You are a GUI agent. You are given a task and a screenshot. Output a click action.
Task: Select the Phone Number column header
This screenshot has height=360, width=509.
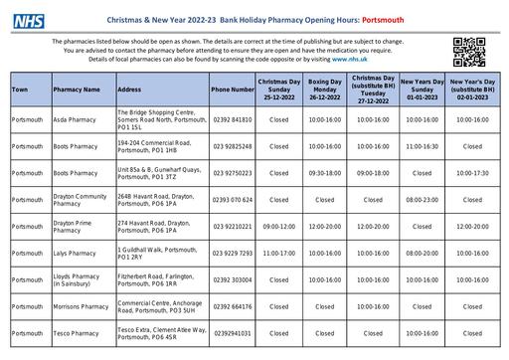[x=234, y=90]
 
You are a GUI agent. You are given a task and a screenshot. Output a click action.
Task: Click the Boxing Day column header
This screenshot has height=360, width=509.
[x=325, y=90]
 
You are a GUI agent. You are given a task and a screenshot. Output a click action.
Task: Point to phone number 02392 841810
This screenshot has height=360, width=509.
[x=233, y=119]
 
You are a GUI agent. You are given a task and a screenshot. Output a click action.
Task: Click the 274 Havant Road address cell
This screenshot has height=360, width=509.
[x=159, y=227]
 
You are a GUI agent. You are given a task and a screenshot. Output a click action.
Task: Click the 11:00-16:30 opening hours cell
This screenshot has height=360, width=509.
[x=423, y=146]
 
